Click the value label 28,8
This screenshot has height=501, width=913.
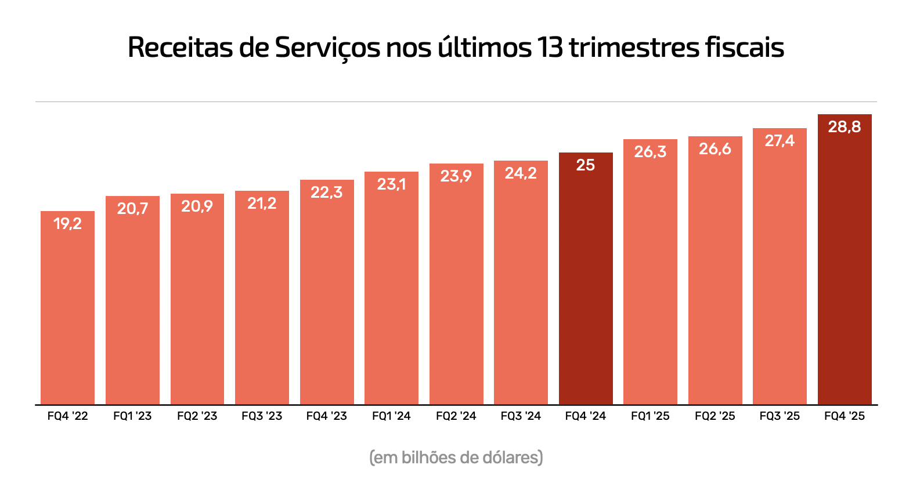845,126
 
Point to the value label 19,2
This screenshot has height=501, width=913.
67,223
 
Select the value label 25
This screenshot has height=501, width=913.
586,165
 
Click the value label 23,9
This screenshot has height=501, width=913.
456,176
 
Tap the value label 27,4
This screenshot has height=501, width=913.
780,140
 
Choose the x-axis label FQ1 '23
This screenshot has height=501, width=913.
132,416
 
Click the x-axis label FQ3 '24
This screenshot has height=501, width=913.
521,416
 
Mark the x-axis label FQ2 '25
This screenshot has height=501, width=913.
715,416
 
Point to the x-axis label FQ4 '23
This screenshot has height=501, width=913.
327,416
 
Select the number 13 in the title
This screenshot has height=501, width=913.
549,48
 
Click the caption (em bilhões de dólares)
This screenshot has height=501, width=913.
456,458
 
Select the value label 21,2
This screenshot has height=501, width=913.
262,203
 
